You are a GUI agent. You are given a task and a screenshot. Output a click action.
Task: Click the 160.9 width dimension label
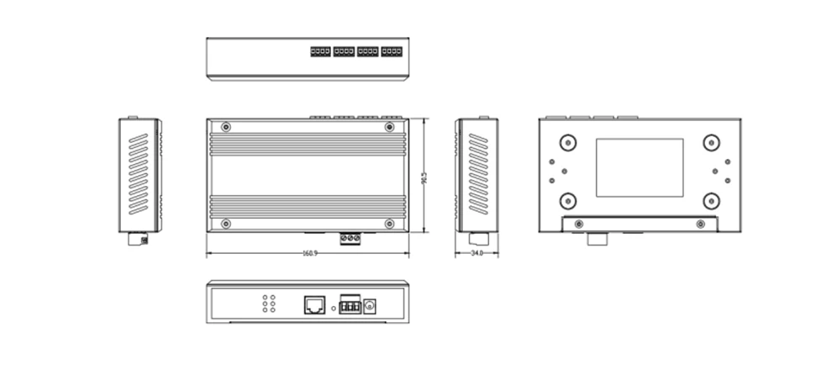pos(308,253)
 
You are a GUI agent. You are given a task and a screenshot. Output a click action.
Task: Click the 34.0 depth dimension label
pos(476,253)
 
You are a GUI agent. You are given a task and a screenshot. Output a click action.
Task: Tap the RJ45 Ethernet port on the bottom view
pos(314,304)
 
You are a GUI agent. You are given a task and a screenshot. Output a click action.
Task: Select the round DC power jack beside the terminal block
pos(367,306)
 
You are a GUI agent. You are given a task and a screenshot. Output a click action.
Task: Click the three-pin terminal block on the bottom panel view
pos(349,305)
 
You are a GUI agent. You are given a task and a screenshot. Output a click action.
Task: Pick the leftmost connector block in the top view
pos(319,53)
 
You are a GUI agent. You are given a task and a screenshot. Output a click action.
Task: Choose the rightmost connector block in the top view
pos(391,53)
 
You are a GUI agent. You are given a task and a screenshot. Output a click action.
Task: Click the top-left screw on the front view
pos(226,127)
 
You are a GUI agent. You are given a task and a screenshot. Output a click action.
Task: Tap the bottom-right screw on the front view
pos(389,224)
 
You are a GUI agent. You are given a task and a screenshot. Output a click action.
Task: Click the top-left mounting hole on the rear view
pos(568,142)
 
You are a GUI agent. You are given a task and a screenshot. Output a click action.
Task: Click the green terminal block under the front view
pos(350,240)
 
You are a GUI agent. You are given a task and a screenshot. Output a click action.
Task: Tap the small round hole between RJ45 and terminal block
pos(334,309)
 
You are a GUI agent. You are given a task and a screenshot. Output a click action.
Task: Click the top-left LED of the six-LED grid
pos(266,297)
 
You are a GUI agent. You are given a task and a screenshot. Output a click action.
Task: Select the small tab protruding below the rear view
pos(598,239)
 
